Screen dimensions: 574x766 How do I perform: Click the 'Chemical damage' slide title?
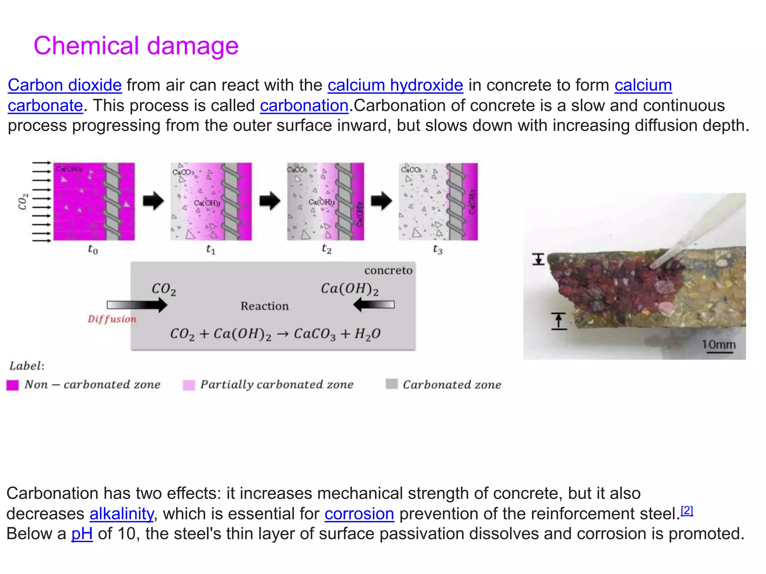[x=136, y=46]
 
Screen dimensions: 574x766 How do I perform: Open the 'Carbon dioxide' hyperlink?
[x=65, y=85]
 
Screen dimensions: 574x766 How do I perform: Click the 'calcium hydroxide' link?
[x=395, y=85]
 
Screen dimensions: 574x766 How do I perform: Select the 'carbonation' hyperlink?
[x=304, y=106]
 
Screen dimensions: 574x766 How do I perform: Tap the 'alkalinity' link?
[x=122, y=514]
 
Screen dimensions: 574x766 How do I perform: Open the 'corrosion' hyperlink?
[x=359, y=514]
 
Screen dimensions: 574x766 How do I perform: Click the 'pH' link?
[x=82, y=534]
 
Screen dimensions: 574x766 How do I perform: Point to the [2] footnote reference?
[x=687, y=510]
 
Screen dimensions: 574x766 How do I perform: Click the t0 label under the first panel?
[x=93, y=249]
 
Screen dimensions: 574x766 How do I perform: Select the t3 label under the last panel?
[x=438, y=249]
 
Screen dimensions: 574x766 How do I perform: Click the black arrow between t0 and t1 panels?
[x=153, y=201]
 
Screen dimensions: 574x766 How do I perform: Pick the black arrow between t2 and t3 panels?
[x=382, y=201]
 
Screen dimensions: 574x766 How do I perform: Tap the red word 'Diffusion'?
[x=112, y=319]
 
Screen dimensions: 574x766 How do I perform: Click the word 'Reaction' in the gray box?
[x=264, y=306]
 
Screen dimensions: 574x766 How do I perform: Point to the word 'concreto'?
[x=388, y=270]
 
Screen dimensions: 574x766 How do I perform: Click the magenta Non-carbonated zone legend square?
[x=13, y=385]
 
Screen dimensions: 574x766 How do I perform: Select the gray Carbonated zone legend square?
[x=392, y=384]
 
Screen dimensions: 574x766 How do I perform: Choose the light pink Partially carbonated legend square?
[x=189, y=385]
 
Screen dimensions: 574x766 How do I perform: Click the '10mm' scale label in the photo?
[x=718, y=345]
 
